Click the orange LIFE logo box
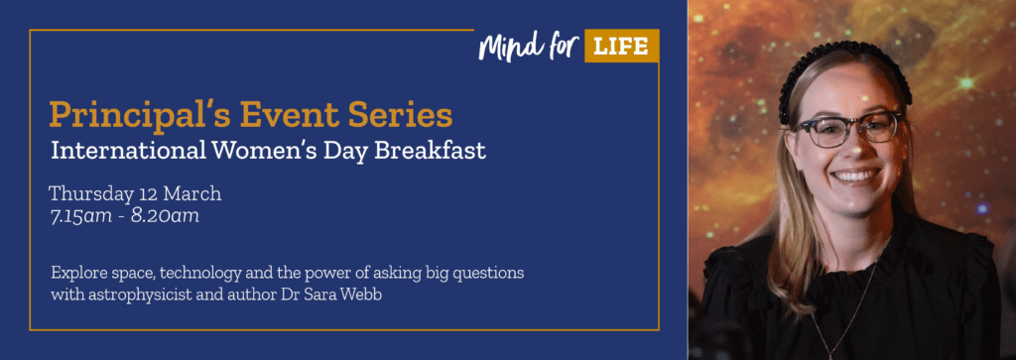pos(621,46)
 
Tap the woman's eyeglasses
pos(851,130)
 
